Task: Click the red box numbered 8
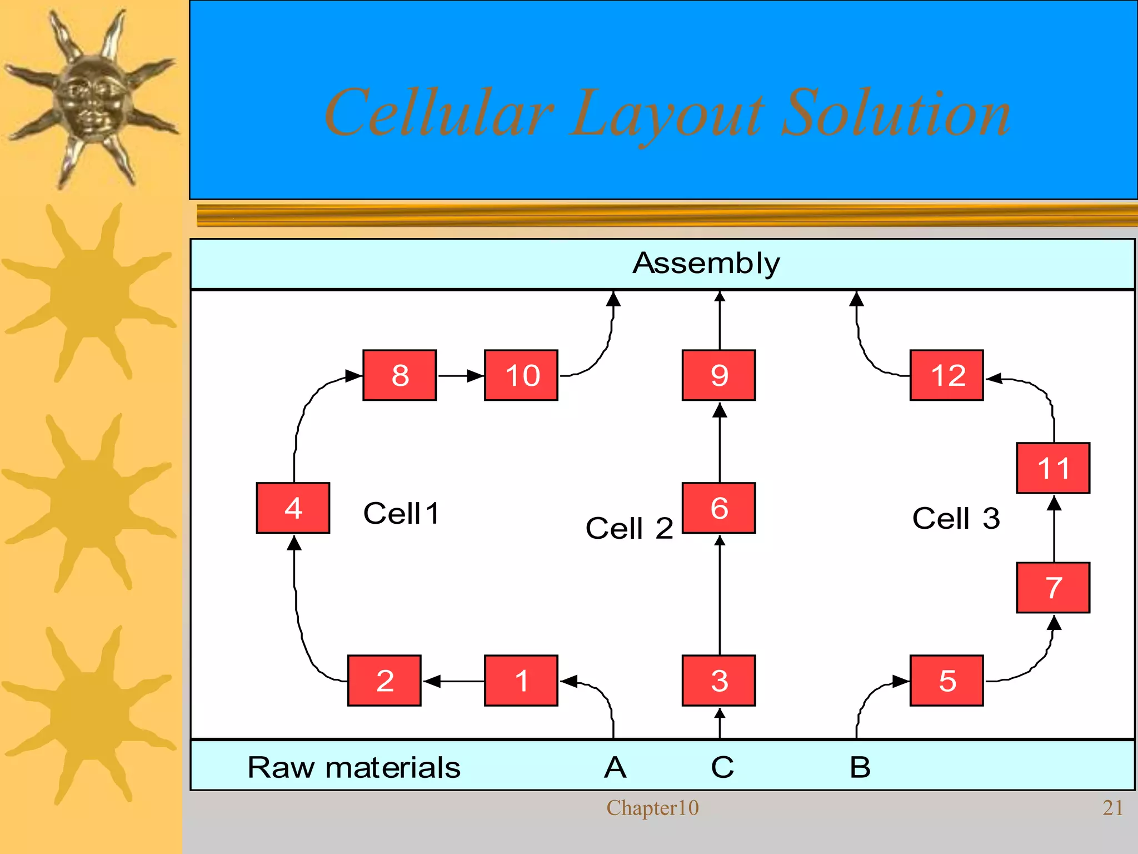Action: (x=399, y=375)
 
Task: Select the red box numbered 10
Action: (x=521, y=375)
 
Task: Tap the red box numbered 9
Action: (x=718, y=375)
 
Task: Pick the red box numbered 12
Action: (x=946, y=375)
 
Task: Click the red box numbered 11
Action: (x=1053, y=468)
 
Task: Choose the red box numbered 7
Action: (x=1053, y=588)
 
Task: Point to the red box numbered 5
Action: (x=946, y=681)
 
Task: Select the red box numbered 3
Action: (x=718, y=681)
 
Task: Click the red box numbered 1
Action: (x=521, y=681)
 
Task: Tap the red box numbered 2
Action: (x=384, y=681)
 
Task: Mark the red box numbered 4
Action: (x=293, y=508)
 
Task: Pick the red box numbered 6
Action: (x=718, y=508)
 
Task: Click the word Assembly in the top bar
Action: (x=706, y=264)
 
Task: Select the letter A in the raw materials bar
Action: (x=615, y=768)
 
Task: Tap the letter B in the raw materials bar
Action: (x=860, y=768)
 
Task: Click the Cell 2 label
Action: (x=629, y=528)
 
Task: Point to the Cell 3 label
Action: (x=956, y=518)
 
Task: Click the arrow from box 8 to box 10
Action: (x=460, y=376)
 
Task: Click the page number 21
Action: (x=1112, y=808)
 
